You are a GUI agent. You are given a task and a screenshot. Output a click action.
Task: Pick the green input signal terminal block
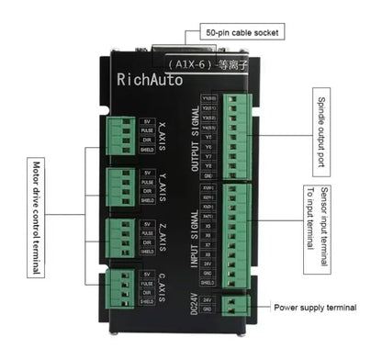click(x=237, y=235)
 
